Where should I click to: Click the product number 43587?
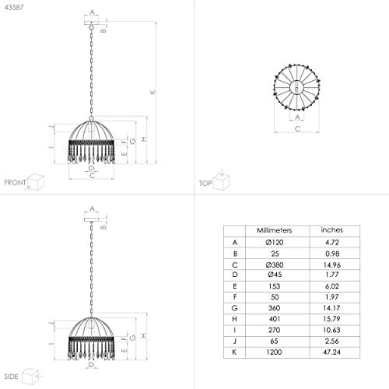point(14,8)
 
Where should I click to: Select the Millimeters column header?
point(275,230)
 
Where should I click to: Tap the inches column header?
point(331,230)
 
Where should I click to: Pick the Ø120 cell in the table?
point(275,243)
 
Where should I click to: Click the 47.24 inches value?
point(331,352)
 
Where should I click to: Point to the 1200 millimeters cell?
point(274,352)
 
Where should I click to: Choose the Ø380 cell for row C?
point(275,265)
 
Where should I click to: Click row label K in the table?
point(234,352)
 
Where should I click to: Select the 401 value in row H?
point(275,319)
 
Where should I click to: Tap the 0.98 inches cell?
point(332,254)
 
